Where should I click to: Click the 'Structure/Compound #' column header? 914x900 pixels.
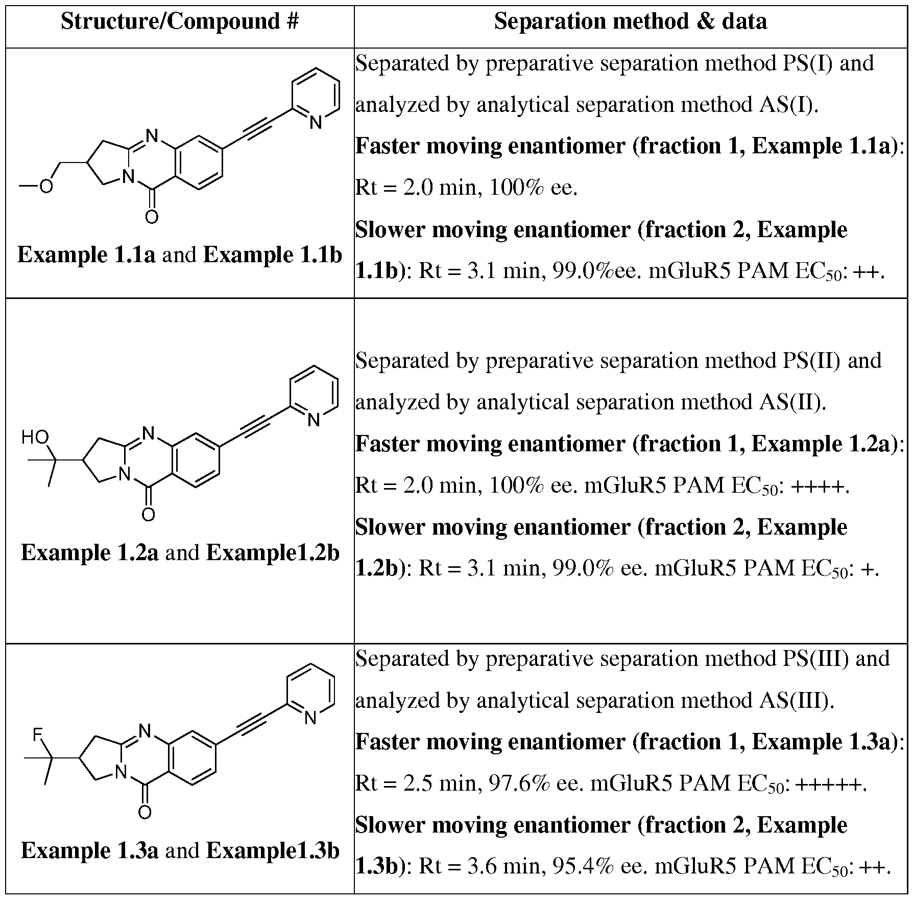tap(180, 21)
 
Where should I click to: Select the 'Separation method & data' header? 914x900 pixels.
tap(631, 21)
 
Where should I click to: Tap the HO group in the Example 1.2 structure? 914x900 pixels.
tap(35, 437)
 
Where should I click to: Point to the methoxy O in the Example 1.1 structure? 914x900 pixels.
tap(46, 187)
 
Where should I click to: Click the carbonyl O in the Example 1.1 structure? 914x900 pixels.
tap(152, 217)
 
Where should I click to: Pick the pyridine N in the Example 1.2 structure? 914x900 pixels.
tap(314, 420)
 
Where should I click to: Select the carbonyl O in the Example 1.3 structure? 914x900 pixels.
tap(145, 812)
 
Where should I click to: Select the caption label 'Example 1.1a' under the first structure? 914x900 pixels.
tap(87, 255)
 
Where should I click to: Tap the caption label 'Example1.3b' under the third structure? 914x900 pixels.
tap(273, 850)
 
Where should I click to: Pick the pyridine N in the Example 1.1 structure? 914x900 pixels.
tap(316, 123)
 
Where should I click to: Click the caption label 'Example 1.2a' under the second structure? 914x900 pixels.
tap(90, 552)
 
